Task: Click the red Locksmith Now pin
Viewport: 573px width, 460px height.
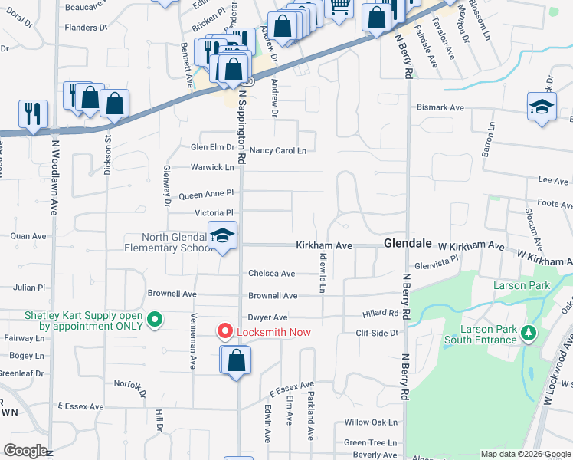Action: click(225, 331)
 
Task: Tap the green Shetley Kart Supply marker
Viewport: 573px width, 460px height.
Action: click(155, 319)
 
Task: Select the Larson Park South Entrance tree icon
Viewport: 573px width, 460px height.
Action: click(527, 333)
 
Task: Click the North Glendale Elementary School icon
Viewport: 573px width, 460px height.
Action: click(223, 237)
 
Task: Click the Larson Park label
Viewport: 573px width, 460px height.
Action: click(521, 285)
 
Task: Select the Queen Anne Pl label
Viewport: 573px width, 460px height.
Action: click(206, 195)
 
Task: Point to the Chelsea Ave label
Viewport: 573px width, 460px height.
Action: click(271, 274)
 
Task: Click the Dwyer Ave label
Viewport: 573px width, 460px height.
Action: click(267, 317)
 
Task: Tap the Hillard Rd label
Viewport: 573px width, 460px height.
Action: click(381, 313)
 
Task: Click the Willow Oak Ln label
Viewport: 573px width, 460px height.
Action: click(372, 422)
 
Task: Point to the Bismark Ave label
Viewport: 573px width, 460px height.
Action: click(440, 107)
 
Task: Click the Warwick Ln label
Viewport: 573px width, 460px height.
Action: click(212, 166)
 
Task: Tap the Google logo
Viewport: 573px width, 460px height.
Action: click(25, 451)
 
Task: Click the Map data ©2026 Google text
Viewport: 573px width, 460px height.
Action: click(526, 454)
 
